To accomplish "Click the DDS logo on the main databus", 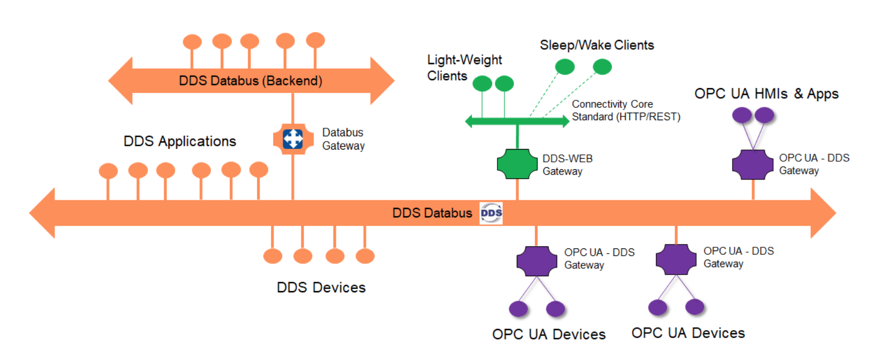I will click(x=491, y=213).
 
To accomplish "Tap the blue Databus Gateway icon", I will click(x=292, y=139).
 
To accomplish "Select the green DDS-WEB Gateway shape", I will click(x=517, y=163).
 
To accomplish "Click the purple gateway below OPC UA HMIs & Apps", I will click(x=752, y=165).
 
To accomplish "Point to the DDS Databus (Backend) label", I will click(x=250, y=81).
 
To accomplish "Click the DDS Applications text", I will click(x=180, y=141).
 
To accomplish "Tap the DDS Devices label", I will click(x=321, y=287).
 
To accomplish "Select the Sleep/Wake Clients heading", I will click(x=597, y=45).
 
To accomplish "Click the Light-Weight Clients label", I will click(x=464, y=67).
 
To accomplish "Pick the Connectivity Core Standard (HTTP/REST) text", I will click(x=626, y=111).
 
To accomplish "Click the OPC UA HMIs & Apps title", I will click(x=766, y=93).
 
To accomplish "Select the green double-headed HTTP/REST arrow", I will click(x=517, y=121).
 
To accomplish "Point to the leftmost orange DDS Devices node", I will click(x=273, y=256).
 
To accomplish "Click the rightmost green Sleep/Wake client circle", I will click(x=602, y=67).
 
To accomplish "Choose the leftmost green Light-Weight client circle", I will click(x=482, y=83).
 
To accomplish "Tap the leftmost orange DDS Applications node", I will click(x=108, y=171).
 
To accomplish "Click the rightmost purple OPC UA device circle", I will click(x=695, y=307).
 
